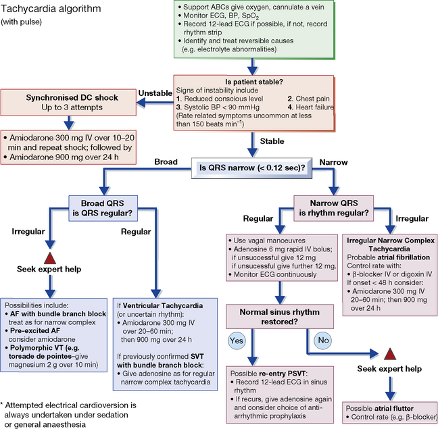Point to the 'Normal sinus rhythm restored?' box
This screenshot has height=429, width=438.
point(281,313)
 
